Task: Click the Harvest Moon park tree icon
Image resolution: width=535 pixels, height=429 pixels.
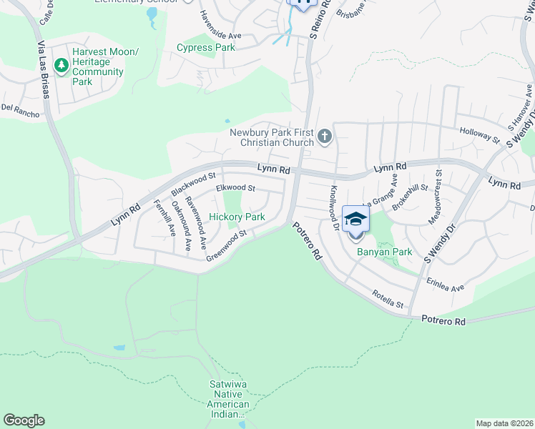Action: click(x=62, y=66)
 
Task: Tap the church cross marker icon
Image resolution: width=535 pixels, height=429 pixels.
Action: click(x=325, y=136)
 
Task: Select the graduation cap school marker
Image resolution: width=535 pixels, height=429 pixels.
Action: click(x=355, y=220)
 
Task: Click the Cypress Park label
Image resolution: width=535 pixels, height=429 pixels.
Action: click(x=205, y=48)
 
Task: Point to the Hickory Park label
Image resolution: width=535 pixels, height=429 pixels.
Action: click(x=237, y=217)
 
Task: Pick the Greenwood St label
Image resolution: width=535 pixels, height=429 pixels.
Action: click(x=226, y=245)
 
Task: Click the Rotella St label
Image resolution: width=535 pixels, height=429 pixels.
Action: click(x=388, y=300)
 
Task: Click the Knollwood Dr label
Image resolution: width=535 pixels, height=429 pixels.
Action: click(x=334, y=208)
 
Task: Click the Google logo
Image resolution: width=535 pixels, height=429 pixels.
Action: click(x=24, y=420)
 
